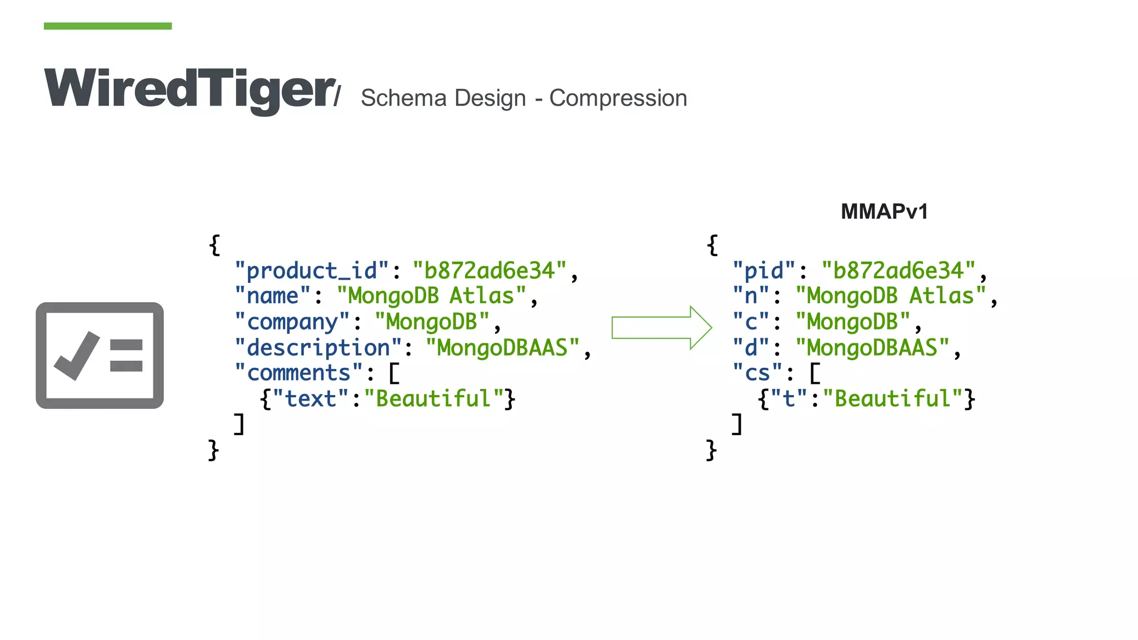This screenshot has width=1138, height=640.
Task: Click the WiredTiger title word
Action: pyautogui.click(x=189, y=89)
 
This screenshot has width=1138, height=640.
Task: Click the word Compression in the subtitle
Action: pyautogui.click(x=618, y=98)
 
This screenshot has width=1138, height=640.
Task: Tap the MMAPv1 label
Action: pyautogui.click(x=884, y=212)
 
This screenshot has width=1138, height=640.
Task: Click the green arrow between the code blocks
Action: pyautogui.click(x=661, y=328)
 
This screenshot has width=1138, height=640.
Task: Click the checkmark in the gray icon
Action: pyautogui.click(x=77, y=356)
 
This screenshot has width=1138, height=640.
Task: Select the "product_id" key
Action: pyautogui.click(x=311, y=271)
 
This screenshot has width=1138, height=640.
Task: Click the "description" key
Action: pyautogui.click(x=318, y=348)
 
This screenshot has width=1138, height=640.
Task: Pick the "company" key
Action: pyautogui.click(x=292, y=322)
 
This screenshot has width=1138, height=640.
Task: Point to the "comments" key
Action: pyautogui.click(x=298, y=373)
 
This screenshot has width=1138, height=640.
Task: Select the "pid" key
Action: pyautogui.click(x=764, y=271)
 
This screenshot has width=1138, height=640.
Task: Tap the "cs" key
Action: pyautogui.click(x=757, y=373)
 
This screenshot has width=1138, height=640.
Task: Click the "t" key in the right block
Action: pyautogui.click(x=788, y=399)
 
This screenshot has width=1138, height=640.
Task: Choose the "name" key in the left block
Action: pyautogui.click(x=272, y=296)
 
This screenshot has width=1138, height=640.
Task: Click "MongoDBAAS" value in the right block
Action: pyautogui.click(x=872, y=348)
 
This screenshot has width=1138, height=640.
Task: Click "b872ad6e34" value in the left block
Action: pyautogui.click(x=489, y=271)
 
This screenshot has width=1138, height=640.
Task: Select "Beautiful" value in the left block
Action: pyautogui.click(x=433, y=399)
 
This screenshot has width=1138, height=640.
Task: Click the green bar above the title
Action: pyautogui.click(x=108, y=26)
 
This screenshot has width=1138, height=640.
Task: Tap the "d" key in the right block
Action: pyautogui.click(x=751, y=348)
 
